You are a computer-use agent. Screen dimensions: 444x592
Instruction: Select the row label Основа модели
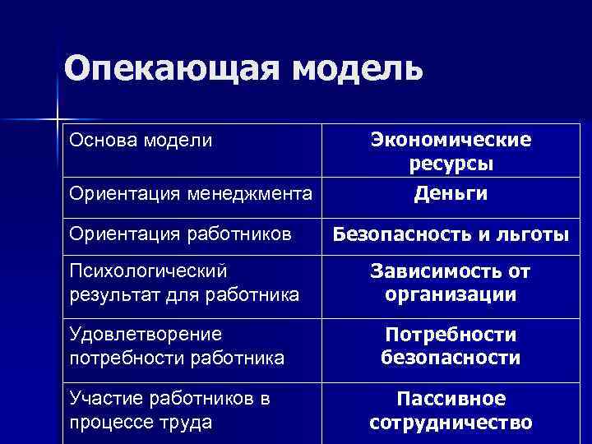click(x=141, y=141)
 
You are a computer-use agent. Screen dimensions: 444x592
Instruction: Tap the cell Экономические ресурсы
click(x=451, y=151)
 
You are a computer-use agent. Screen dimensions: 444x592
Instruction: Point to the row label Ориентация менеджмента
click(x=191, y=194)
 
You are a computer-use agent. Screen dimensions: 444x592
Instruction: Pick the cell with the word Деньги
click(x=451, y=193)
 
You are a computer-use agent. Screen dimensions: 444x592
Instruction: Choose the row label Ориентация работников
click(x=181, y=234)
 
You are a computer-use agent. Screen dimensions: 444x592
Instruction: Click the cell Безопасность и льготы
click(x=451, y=235)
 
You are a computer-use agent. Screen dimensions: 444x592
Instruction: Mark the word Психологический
click(x=149, y=271)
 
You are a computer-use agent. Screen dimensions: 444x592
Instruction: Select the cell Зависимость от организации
click(x=451, y=283)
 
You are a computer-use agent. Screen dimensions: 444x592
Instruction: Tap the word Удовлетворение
click(x=146, y=335)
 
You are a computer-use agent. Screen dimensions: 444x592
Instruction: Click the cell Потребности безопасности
click(x=451, y=346)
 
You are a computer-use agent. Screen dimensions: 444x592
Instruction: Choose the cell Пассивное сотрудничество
click(x=451, y=411)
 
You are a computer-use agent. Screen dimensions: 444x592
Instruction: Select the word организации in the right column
click(x=451, y=294)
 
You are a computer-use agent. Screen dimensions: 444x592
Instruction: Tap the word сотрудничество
click(x=451, y=423)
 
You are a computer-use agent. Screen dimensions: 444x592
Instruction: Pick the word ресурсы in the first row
click(x=451, y=164)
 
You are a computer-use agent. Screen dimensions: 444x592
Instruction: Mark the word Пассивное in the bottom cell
click(x=451, y=400)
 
